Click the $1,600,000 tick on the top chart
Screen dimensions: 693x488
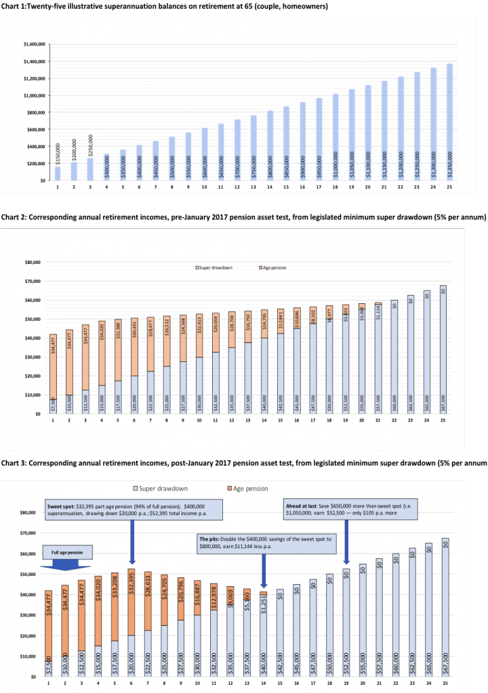point(34,44)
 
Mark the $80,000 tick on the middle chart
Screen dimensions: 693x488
point(33,262)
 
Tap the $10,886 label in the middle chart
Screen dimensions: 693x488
point(296,318)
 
